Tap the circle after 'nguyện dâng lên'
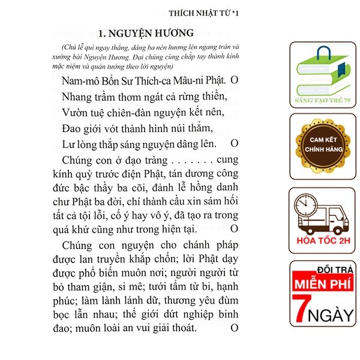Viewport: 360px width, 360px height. click(235, 143)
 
